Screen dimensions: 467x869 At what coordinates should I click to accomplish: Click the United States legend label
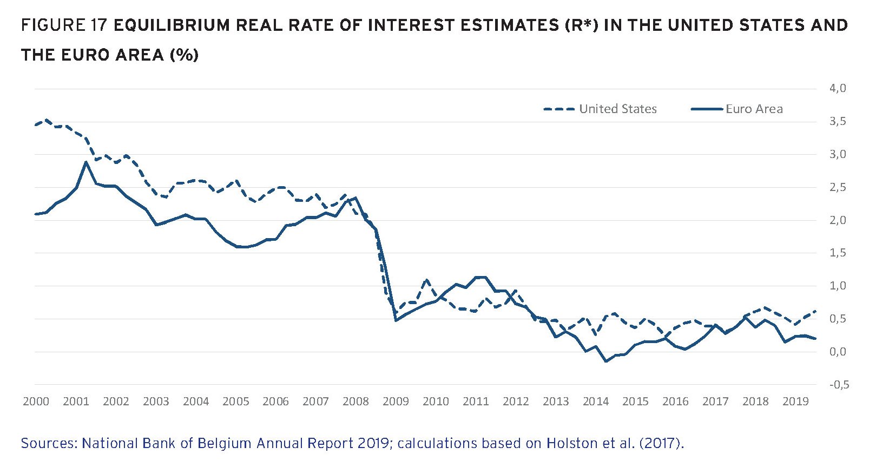pyautogui.click(x=617, y=109)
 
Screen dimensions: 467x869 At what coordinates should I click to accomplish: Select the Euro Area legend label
pyautogui.click(x=754, y=109)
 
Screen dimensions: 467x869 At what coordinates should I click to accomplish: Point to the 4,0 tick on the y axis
pyautogui.click(x=837, y=88)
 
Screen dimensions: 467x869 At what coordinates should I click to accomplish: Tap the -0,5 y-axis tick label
pyautogui.click(x=839, y=385)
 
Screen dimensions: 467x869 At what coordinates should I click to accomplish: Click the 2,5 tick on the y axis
pyautogui.click(x=837, y=187)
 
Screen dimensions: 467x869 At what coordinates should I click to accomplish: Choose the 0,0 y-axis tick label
pyautogui.click(x=837, y=352)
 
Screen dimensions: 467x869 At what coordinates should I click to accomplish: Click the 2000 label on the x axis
pyautogui.click(x=36, y=402)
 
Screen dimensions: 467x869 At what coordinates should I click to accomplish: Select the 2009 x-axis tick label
pyautogui.click(x=396, y=402)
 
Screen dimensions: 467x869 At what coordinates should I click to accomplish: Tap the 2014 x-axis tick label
pyautogui.click(x=595, y=402)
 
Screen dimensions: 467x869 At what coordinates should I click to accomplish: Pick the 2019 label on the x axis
pyautogui.click(x=795, y=402)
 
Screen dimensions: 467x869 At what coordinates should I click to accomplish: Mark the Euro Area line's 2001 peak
pyautogui.click(x=85, y=162)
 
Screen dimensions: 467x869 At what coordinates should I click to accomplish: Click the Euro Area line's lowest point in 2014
pyautogui.click(x=605, y=361)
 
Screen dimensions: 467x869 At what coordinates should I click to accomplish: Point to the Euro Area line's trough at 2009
pyautogui.click(x=396, y=320)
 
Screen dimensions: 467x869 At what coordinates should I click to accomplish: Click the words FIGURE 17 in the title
pyautogui.click(x=64, y=25)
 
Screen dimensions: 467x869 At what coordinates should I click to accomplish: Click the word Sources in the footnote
pyautogui.click(x=50, y=444)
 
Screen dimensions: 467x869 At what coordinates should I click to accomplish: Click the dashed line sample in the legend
pyautogui.click(x=559, y=109)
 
